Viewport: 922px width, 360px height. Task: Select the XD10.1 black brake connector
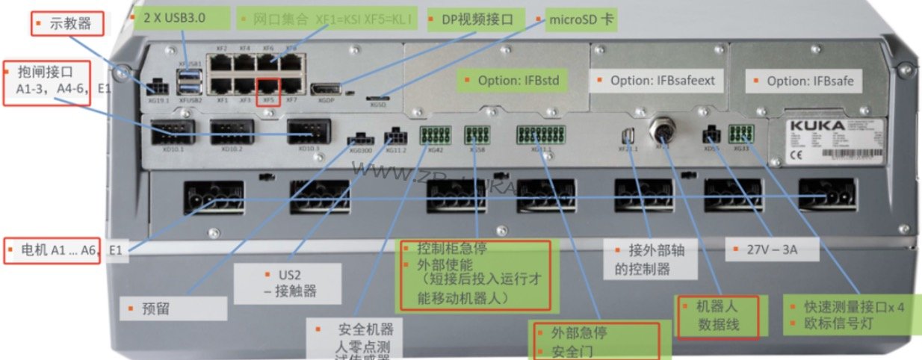click(173, 132)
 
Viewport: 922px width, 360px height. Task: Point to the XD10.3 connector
click(309, 132)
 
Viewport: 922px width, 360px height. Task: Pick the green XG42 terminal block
click(430, 135)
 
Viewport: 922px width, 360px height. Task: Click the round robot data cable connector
click(662, 134)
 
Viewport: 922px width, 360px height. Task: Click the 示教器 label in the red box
click(70, 24)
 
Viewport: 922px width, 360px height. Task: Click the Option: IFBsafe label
click(808, 80)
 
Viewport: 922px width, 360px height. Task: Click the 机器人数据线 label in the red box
click(717, 315)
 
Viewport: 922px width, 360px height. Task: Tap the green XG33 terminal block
click(741, 134)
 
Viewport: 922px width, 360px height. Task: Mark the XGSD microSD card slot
click(378, 97)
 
